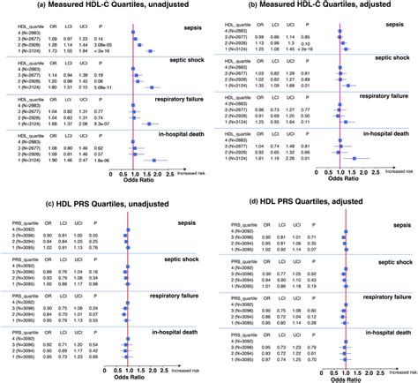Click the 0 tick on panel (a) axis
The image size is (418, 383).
[x=114, y=176]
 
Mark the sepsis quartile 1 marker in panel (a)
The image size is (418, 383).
[x=148, y=53]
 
